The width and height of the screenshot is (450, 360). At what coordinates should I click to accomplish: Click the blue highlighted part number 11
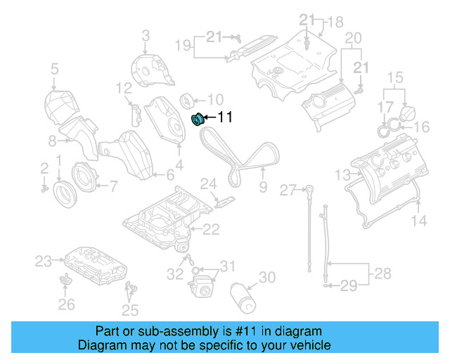coord(198,119)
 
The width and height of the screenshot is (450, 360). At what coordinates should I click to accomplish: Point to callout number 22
coord(212,229)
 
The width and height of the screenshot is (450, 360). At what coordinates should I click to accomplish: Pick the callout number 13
coord(342,175)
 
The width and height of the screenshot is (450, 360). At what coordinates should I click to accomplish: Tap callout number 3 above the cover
coord(146,34)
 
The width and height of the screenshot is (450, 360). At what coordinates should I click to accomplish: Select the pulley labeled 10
coord(188,99)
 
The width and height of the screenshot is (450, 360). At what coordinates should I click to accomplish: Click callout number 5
coord(54,68)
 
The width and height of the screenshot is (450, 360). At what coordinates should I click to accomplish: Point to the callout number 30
coord(266,278)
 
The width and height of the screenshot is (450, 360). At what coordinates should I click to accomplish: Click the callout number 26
coord(66,304)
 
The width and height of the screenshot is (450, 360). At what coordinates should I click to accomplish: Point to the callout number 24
coord(208,184)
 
